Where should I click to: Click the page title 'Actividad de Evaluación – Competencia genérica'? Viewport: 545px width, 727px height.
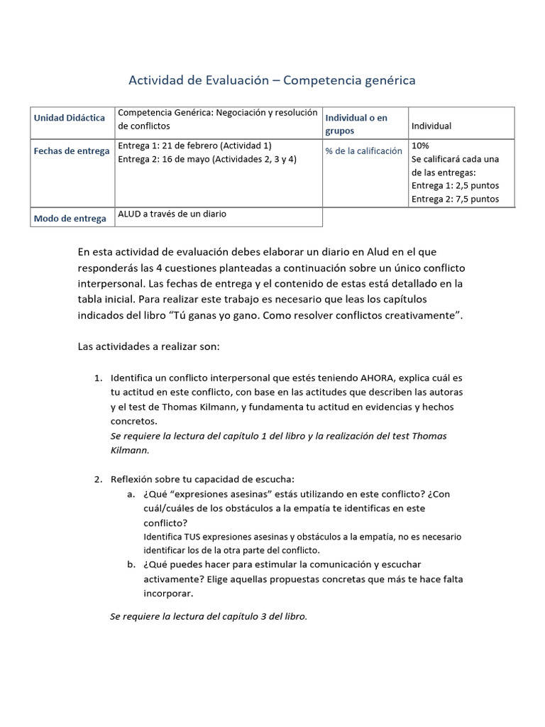272,80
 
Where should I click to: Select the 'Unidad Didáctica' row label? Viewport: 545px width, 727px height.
70,118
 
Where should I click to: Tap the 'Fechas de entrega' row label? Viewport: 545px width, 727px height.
72,151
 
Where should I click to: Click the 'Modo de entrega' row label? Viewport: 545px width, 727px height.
70,219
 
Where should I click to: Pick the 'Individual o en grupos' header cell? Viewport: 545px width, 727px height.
356,124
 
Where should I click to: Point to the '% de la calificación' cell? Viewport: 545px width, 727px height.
363,151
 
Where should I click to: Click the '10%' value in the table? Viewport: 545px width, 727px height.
420,146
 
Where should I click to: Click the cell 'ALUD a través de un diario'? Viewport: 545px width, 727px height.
172,214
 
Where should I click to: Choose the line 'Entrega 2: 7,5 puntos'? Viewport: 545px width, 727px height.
455,199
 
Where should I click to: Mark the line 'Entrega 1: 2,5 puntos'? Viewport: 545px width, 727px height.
455,185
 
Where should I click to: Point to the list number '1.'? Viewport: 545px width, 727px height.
99,378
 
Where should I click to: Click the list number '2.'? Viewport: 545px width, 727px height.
99,479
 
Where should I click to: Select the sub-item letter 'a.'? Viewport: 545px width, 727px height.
131,494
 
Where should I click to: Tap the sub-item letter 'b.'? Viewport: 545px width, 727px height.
131,564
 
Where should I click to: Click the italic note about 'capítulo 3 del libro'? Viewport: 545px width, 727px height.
209,616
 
